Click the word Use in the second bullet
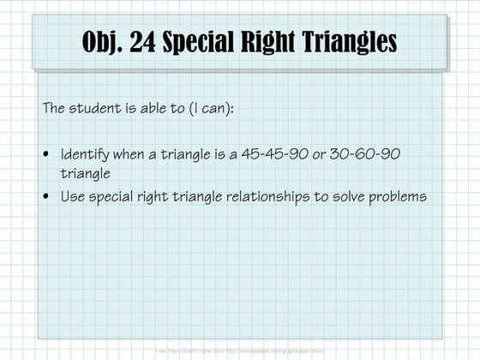(x=71, y=196)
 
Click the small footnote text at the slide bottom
(x=240, y=351)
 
